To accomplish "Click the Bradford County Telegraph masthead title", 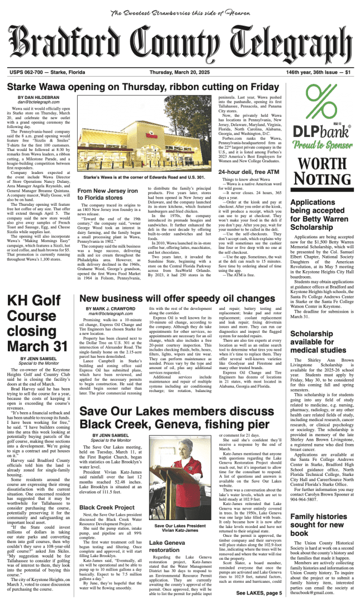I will [179, 45].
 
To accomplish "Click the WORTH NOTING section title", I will [321, 170].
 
